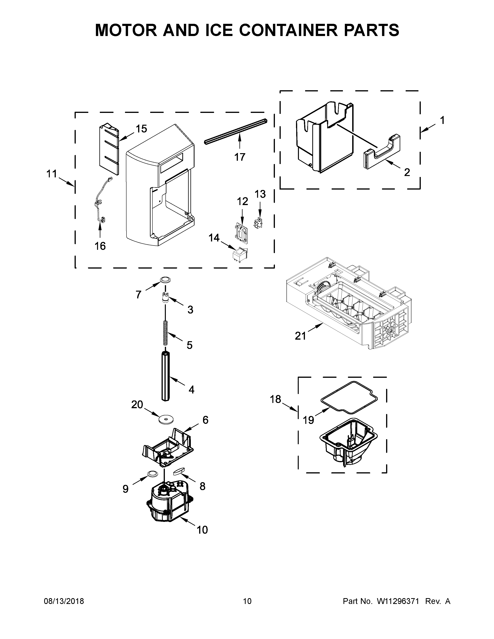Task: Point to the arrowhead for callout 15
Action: [120, 139]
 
